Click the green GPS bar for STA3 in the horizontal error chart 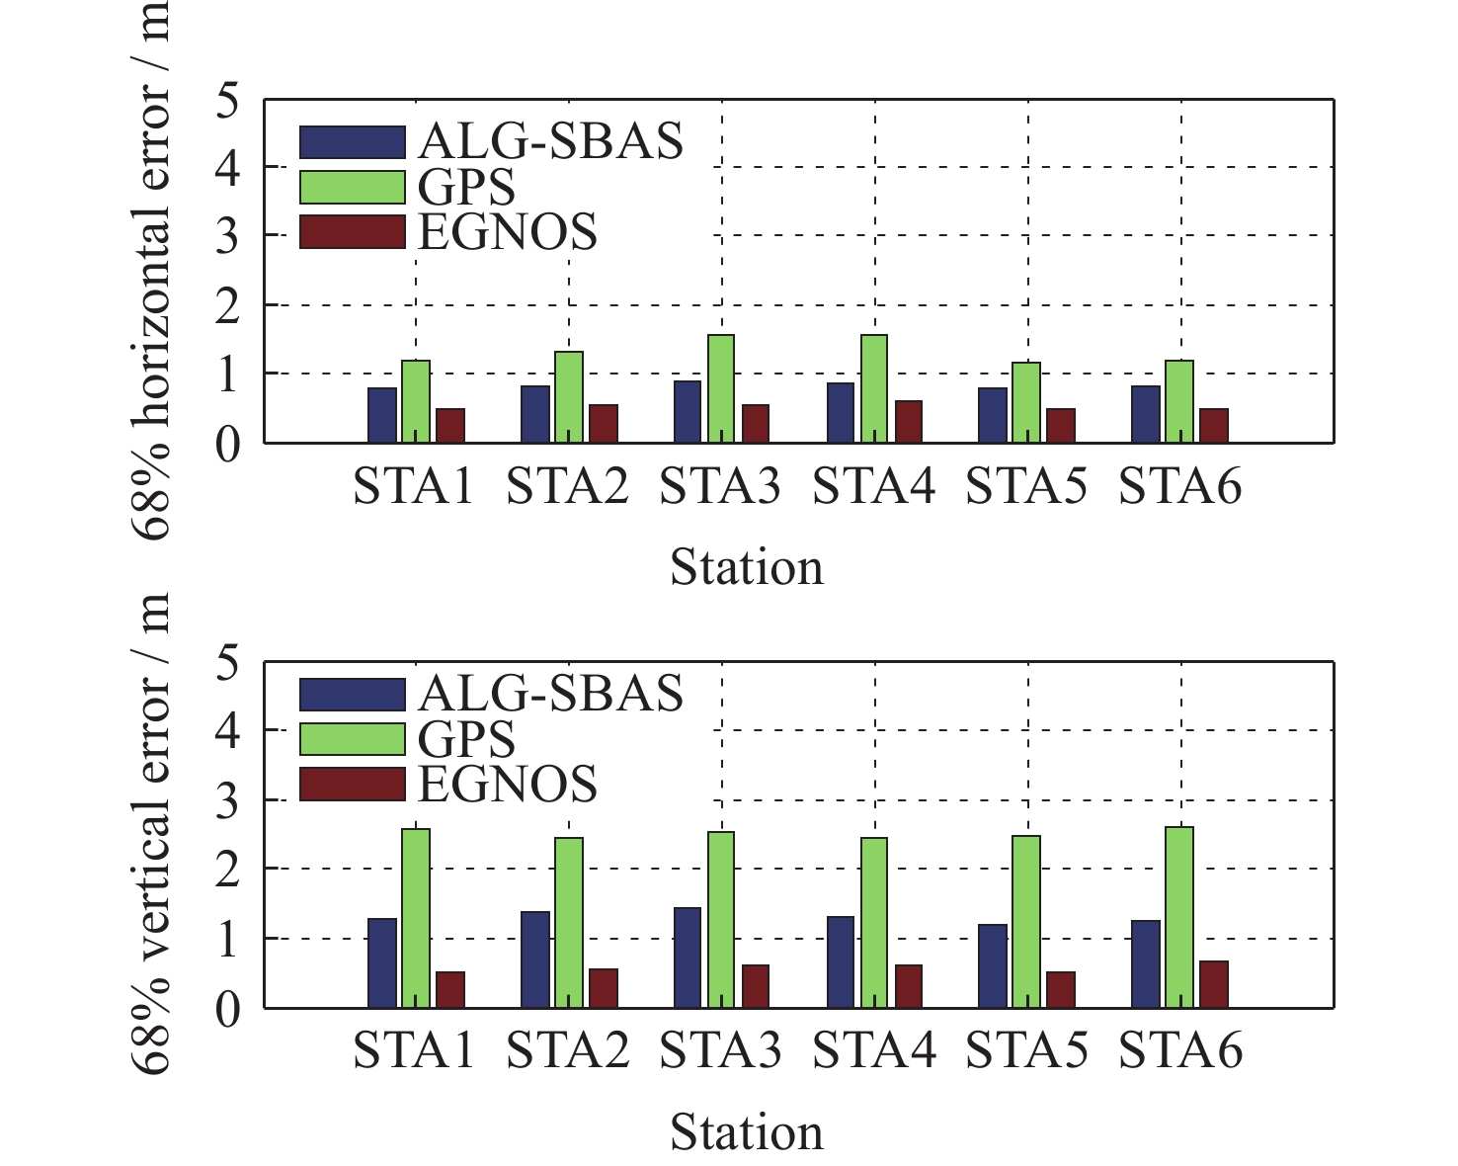tap(720, 389)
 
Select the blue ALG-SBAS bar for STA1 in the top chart tap(382, 415)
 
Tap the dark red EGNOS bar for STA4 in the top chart tap(908, 422)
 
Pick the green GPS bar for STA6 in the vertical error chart tap(1179, 917)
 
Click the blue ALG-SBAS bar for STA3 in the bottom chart tap(688, 958)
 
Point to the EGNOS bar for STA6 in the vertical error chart tap(1214, 984)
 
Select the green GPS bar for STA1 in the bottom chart tap(416, 918)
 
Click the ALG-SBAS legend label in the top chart tap(550, 141)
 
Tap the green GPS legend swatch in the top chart tap(353, 187)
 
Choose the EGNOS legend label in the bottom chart tap(508, 784)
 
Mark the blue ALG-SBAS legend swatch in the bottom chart tap(353, 695)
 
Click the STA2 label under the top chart tap(567, 488)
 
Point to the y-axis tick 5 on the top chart tap(227, 100)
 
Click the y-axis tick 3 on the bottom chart tap(227, 800)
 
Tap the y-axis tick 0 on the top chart tap(227, 445)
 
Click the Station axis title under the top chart tap(747, 568)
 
